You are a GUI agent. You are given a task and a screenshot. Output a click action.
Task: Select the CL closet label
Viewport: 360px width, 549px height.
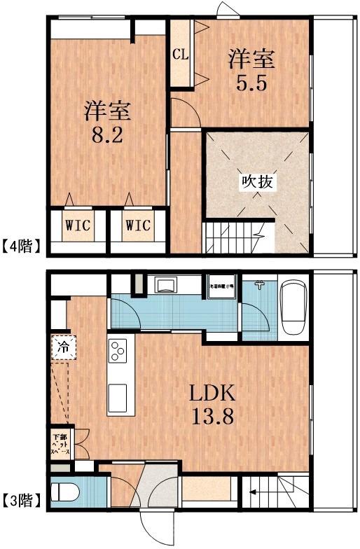click(x=180, y=55)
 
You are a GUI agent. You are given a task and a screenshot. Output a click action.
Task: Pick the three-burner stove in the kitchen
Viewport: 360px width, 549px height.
click(x=117, y=350)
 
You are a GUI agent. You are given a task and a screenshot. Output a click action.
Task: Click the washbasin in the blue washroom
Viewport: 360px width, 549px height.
click(x=167, y=285)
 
